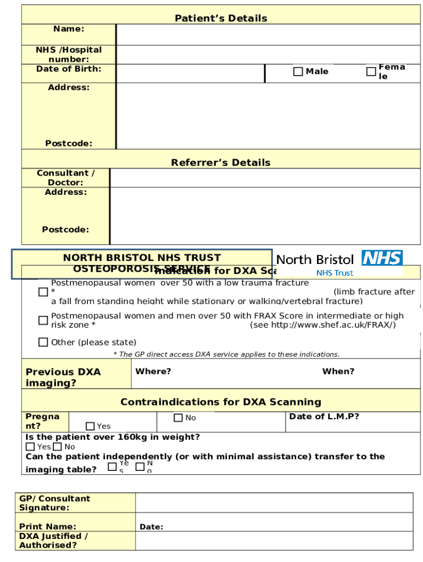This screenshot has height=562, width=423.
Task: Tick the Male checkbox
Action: tap(298, 71)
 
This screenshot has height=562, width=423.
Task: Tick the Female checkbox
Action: tap(371, 71)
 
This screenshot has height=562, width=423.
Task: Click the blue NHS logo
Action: tap(382, 258)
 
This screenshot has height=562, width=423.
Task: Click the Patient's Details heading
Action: tap(221, 18)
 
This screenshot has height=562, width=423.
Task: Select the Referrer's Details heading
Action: tap(221, 162)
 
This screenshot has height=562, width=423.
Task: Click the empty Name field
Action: tap(268, 35)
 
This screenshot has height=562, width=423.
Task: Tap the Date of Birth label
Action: tap(69, 69)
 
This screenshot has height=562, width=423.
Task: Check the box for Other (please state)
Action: tap(43, 342)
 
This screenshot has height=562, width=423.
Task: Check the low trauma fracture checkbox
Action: tap(43, 292)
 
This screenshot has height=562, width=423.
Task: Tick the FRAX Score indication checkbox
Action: tap(43, 320)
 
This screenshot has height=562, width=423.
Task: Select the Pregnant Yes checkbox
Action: tap(90, 426)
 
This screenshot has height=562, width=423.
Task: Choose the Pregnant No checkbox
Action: tap(178, 418)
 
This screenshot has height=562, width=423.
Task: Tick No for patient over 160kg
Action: tap(58, 447)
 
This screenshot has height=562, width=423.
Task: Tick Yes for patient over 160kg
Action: tap(30, 447)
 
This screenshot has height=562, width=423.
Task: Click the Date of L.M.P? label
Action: tap(324, 417)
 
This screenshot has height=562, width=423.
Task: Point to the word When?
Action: tap(338, 372)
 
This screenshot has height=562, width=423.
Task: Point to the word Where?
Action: tap(153, 372)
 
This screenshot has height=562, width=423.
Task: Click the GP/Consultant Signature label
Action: tap(54, 503)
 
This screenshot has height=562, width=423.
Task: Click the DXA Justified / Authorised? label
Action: tap(53, 541)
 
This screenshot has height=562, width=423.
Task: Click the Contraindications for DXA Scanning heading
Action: tap(221, 402)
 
